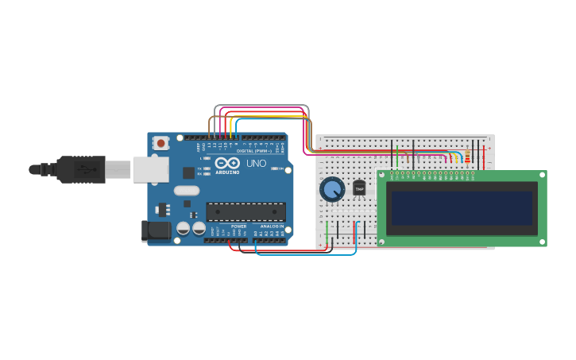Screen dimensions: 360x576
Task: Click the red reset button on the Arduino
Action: pyautogui.click(x=161, y=143)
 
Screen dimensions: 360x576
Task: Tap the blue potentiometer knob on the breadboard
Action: pyautogui.click(x=331, y=189)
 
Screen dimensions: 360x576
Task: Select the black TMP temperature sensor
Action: pyautogui.click(x=359, y=188)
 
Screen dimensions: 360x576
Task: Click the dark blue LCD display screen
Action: pyautogui.click(x=462, y=208)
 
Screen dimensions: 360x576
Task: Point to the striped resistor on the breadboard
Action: pyautogui.click(x=467, y=157)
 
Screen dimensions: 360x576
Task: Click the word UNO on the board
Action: pyautogui.click(x=256, y=164)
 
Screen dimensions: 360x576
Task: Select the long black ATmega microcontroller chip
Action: pyautogui.click(x=245, y=211)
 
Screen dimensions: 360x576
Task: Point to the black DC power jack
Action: pyautogui.click(x=154, y=230)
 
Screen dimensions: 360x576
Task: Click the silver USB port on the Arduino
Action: pyautogui.click(x=150, y=169)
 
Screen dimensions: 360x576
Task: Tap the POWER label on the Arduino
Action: pyautogui.click(x=238, y=226)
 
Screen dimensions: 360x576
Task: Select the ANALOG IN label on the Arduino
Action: pyautogui.click(x=271, y=226)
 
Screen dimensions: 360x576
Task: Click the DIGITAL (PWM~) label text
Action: pyautogui.click(x=253, y=150)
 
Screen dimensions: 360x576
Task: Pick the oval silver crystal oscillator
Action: pyautogui.click(x=187, y=191)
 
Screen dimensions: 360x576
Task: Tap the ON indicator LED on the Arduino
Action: pyautogui.click(x=273, y=168)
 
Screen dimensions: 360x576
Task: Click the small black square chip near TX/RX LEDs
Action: pyautogui.click(x=189, y=172)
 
